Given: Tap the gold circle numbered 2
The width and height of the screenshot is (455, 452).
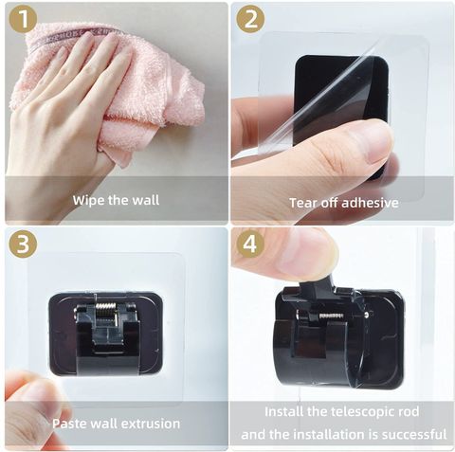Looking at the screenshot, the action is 250,19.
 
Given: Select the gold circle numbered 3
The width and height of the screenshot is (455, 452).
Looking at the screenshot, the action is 23,244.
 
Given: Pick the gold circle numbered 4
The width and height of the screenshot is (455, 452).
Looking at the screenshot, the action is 250,244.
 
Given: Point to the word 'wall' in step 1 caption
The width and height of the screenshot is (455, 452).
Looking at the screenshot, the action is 146,200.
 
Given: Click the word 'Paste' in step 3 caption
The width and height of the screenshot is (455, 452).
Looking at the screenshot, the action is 68,424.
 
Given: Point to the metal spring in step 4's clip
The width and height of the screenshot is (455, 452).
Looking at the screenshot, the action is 332,316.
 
